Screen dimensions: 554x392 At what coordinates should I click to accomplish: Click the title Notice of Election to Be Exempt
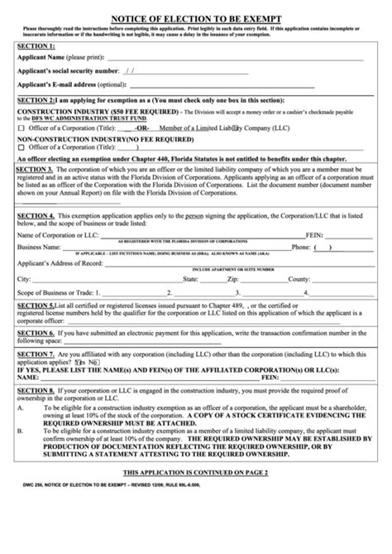[x=195, y=15]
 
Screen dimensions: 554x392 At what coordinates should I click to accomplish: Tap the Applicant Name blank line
[x=232, y=60]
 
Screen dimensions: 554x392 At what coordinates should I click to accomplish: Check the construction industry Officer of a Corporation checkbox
[x=22, y=128]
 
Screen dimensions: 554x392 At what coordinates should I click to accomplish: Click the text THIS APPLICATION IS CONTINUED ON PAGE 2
[x=195, y=494]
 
